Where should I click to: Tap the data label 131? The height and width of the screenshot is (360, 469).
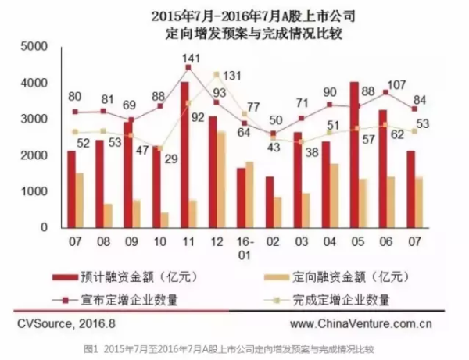point(230,76)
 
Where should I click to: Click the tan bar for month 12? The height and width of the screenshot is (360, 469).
point(222,180)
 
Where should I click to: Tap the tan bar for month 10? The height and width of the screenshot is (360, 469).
point(164,219)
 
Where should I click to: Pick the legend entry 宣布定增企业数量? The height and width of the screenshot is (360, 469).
point(125,298)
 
